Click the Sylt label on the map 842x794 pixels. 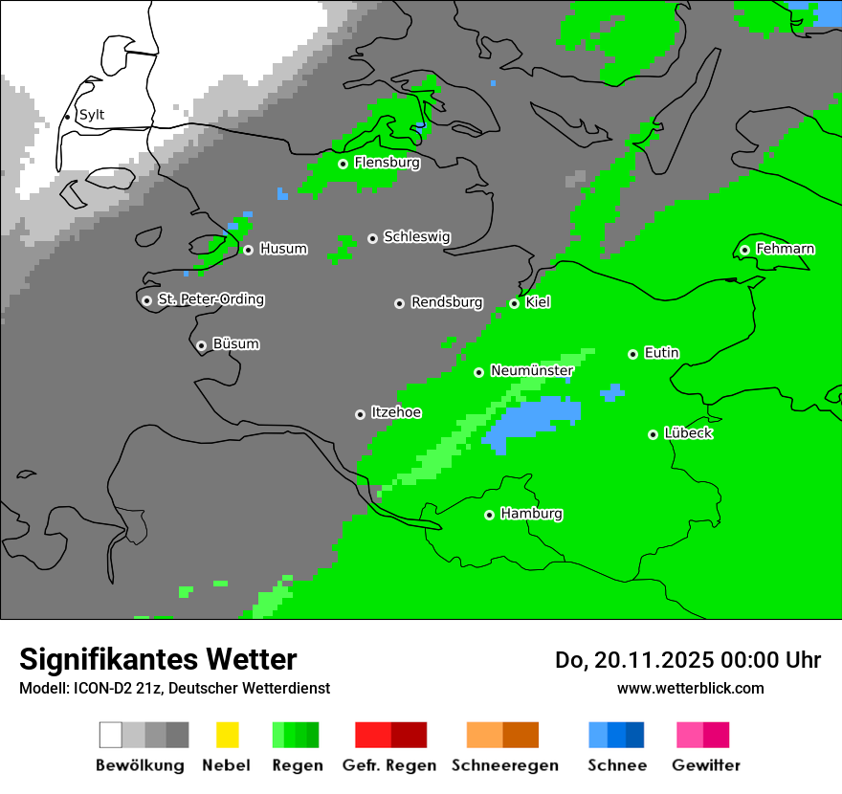coord(92,115)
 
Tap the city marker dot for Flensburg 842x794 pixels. coord(343,164)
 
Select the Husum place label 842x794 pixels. coord(283,249)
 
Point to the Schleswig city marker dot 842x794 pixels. coord(372,238)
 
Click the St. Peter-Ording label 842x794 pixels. coord(210,299)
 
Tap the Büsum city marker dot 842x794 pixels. coord(201,345)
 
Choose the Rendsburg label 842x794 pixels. coord(447,302)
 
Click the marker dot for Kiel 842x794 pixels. coord(514,303)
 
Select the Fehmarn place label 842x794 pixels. coord(785,249)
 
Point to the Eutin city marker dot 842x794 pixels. coord(632,354)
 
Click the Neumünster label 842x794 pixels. coord(532,370)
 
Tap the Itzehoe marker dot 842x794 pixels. coord(360,414)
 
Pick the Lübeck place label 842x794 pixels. coord(688,433)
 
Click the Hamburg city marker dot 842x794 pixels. coord(489,515)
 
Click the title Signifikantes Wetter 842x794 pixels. coord(158,659)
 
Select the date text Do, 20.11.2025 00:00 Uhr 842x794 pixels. coord(688,660)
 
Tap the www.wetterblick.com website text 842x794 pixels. coord(690,688)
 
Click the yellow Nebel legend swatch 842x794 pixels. coord(227,735)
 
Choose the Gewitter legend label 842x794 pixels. coord(705,765)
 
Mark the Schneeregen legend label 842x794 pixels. coord(504,765)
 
